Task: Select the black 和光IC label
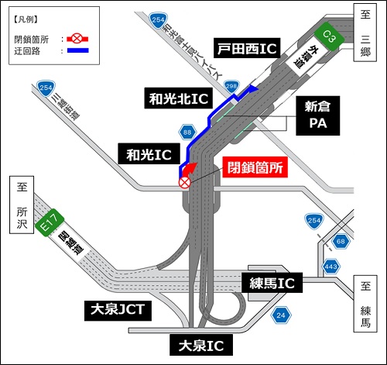pyautogui.click(x=149, y=154)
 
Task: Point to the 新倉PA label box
pyautogui.click(x=317, y=116)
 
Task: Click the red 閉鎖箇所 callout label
pyautogui.click(x=255, y=167)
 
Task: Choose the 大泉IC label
pyautogui.click(x=200, y=342)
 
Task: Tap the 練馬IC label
pyautogui.click(x=269, y=284)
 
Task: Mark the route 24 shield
pyautogui.click(x=280, y=315)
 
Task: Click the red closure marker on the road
pyautogui.click(x=184, y=183)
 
